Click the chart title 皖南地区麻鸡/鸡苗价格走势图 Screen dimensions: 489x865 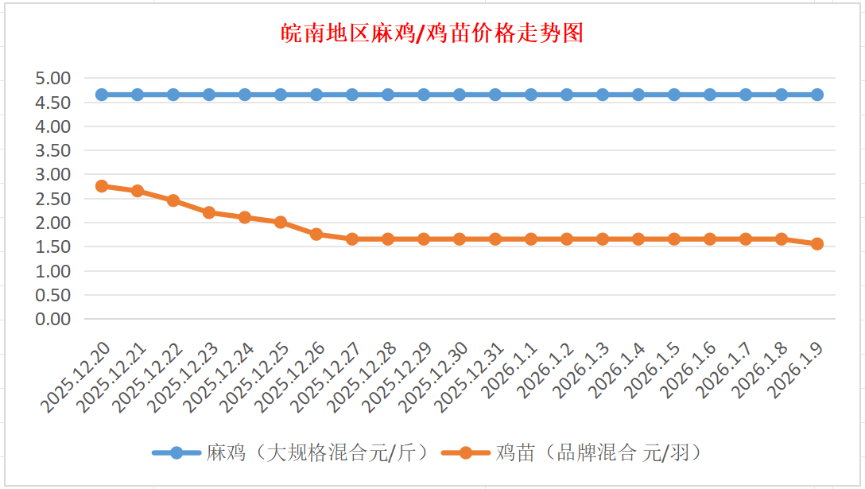click(432, 33)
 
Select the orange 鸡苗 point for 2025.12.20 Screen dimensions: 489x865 click(102, 186)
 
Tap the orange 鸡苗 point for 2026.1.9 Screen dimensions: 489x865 click(817, 244)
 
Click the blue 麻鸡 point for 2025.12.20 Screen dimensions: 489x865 click(102, 95)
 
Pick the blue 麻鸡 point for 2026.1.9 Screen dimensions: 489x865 click(817, 95)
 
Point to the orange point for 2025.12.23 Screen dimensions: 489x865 click(209, 212)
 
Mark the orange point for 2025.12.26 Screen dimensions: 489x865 click(316, 234)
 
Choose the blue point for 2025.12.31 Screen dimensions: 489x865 click(495, 95)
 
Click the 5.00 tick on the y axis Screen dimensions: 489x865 click(53, 78)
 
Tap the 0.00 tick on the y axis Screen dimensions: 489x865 click(53, 319)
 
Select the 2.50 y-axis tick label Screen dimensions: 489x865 click(53, 199)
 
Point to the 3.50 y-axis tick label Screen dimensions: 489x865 click(53, 150)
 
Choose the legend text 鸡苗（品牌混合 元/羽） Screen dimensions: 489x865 click(601, 453)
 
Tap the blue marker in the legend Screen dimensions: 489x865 click(176, 453)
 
